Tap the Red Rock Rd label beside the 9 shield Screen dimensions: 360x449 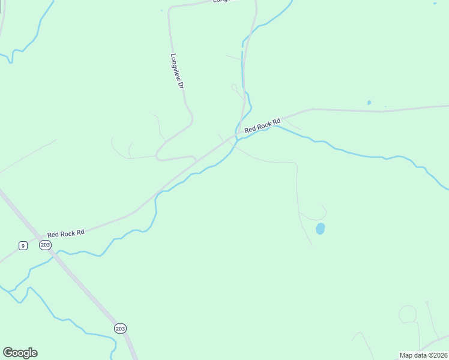coord(66,233)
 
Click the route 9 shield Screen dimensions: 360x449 coord(22,245)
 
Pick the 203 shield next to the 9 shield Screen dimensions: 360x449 coord(45,245)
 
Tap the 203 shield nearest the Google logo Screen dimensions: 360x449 coord(120,328)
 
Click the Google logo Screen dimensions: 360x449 coord(20,353)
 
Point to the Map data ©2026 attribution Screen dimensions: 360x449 coord(423,355)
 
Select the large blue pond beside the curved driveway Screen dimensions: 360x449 coord(321,229)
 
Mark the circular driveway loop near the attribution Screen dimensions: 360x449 coord(408,314)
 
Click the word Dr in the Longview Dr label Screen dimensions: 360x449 coord(179,85)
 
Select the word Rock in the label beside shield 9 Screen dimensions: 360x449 coord(67,233)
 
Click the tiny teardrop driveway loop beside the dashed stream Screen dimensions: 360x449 coord(234,88)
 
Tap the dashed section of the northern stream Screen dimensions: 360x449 coord(243,60)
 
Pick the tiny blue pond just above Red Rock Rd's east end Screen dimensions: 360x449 coord(369,103)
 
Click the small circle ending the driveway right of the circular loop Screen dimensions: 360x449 coord(427,303)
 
